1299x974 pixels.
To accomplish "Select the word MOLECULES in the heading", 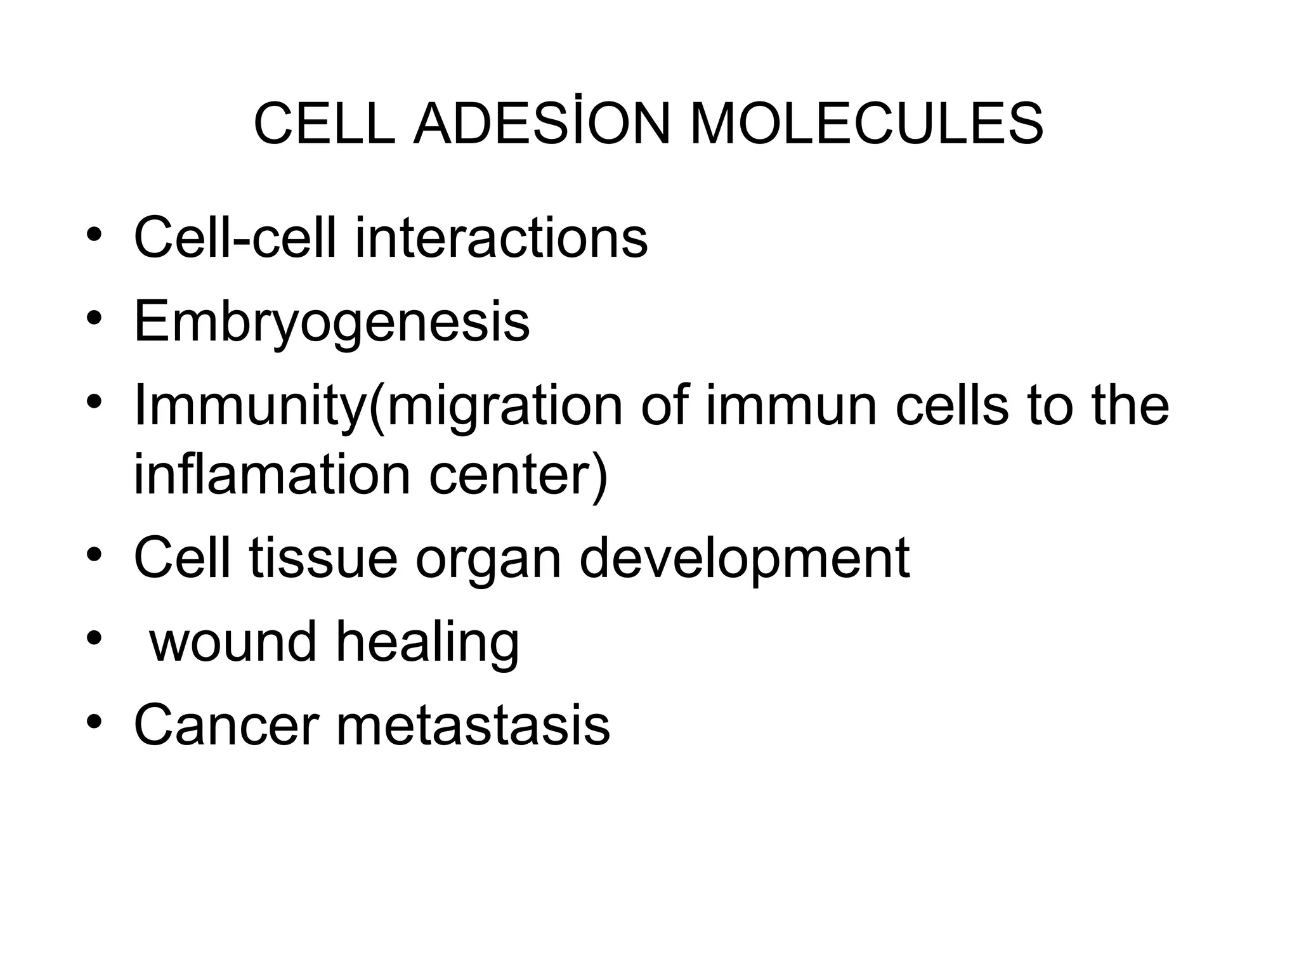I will coord(866,124).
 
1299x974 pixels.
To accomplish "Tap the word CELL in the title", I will coord(324,124).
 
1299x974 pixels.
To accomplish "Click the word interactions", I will coord(501,238).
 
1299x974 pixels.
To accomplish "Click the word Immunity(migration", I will coord(379,407).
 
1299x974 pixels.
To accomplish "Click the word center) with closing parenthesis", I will coord(518,476).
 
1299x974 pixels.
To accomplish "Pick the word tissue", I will coord(323,558).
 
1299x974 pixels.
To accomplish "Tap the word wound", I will coord(232,642).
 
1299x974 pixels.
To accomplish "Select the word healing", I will coord(428,643).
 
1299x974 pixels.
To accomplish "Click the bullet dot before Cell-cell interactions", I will coord(95,234).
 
